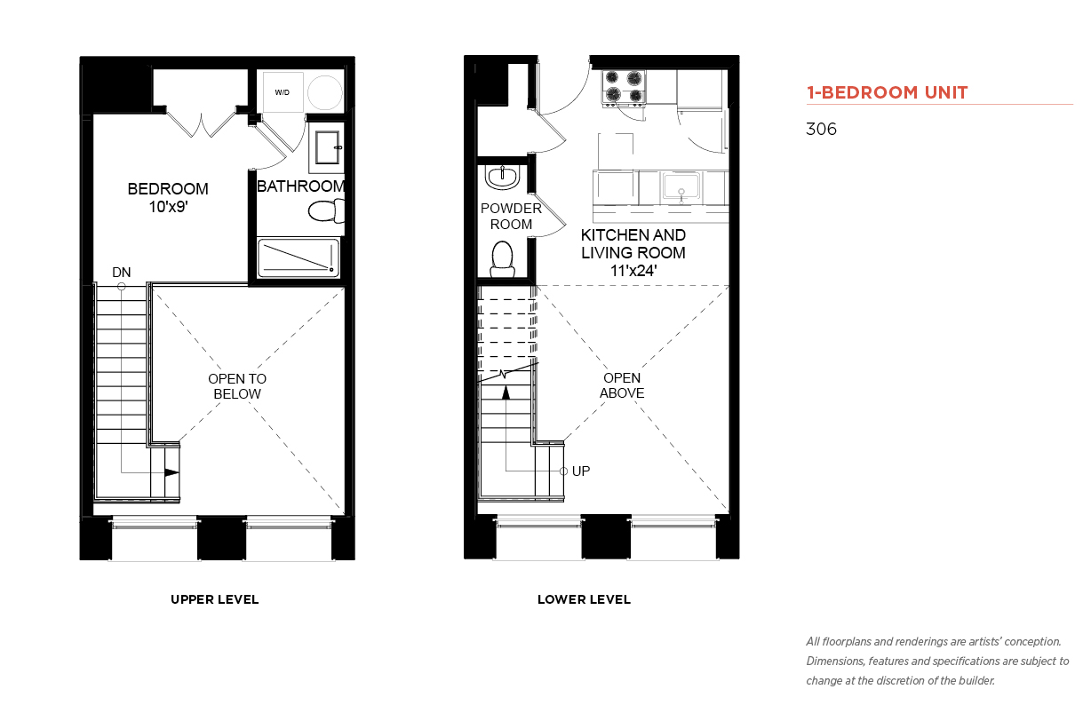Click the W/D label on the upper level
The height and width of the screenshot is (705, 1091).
click(282, 92)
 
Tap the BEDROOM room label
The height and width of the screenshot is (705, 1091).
click(168, 189)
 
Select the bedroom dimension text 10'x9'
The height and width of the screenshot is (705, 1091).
click(169, 207)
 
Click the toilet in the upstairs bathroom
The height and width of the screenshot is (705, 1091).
click(326, 210)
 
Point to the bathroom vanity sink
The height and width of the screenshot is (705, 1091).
click(327, 147)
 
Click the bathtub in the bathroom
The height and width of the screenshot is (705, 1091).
click(299, 258)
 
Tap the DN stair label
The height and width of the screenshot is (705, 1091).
click(122, 273)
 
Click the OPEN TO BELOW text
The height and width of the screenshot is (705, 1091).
click(237, 386)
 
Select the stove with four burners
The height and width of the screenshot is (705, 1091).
click(625, 87)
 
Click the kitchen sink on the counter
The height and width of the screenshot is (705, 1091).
click(681, 187)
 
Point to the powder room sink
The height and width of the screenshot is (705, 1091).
click(503, 178)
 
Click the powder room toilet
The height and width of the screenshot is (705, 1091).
click(503, 259)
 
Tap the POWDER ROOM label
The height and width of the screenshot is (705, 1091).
click(511, 216)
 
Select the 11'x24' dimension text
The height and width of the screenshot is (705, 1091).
click(633, 271)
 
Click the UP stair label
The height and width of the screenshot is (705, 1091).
click(581, 471)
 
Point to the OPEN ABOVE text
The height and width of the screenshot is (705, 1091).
click(622, 385)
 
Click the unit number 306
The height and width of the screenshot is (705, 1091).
click(821, 129)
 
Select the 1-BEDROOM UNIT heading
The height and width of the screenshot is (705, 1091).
click(887, 92)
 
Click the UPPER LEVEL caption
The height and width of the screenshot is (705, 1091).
click(214, 599)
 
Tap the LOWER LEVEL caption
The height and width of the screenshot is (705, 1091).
click(584, 599)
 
